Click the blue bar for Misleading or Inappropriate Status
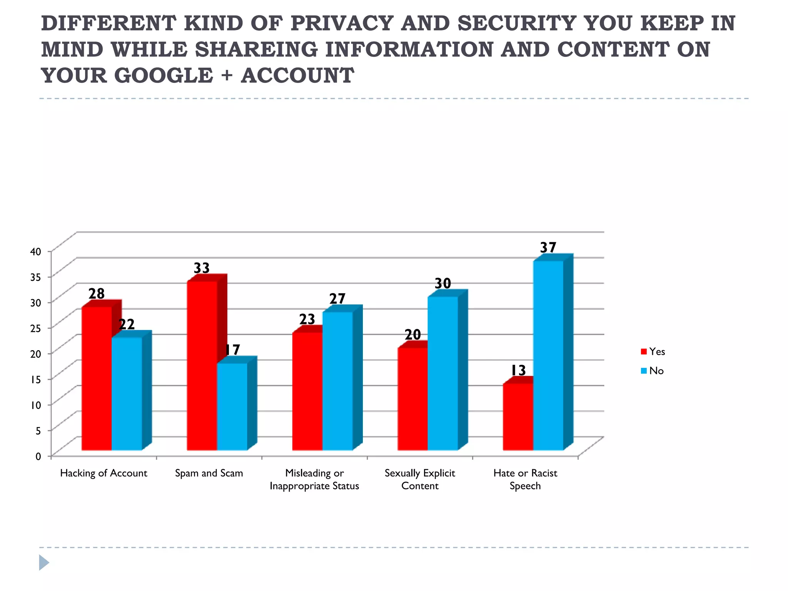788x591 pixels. tap(337, 381)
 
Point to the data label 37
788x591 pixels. tap(548, 247)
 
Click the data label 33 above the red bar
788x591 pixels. tap(202, 268)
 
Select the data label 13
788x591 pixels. tap(518, 371)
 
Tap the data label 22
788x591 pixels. tap(127, 325)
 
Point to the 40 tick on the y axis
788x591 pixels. tap(36, 252)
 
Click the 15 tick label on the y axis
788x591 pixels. tap(36, 379)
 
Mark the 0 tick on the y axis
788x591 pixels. tap(38, 456)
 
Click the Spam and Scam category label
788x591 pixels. tap(209, 473)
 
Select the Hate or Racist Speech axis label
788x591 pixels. tap(525, 479)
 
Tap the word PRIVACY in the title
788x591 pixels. tap(342, 23)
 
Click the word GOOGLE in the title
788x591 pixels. tap(164, 75)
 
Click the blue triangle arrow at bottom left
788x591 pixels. tap(44, 563)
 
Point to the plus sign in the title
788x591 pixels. tap(227, 75)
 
